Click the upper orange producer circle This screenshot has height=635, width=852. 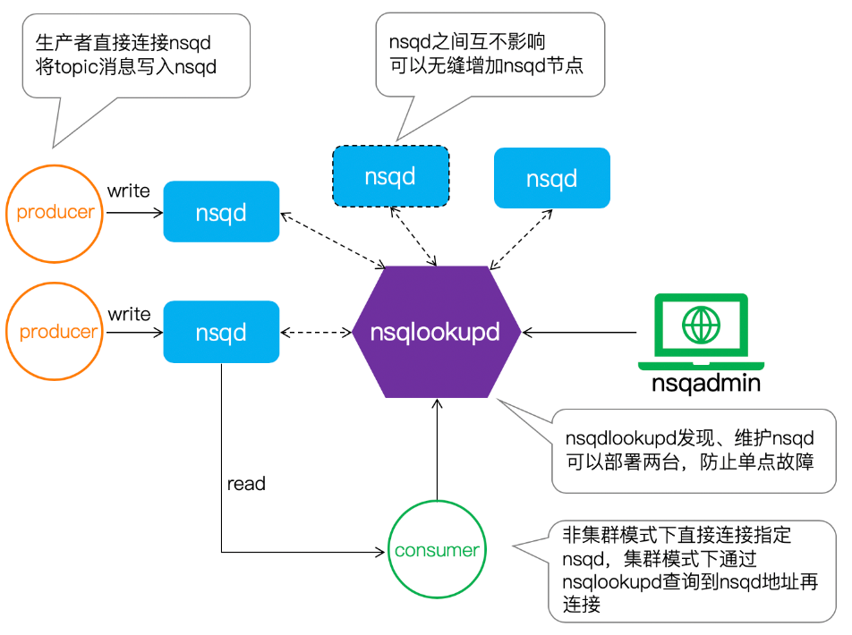click(55, 213)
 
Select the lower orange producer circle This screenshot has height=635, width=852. click(57, 332)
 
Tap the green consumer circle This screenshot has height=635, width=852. click(437, 550)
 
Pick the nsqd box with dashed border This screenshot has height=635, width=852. click(390, 177)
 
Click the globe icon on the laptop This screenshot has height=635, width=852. click(700, 324)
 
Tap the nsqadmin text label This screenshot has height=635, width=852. click(706, 384)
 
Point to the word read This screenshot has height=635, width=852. click(246, 484)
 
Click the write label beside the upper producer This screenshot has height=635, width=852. click(129, 191)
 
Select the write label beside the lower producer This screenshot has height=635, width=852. click(129, 314)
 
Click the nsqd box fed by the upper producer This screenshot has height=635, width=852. click(221, 213)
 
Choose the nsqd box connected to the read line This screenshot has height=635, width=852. click(221, 333)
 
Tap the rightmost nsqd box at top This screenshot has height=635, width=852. click(551, 178)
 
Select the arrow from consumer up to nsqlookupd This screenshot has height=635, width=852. click(437, 447)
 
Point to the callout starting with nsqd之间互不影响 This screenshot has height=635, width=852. click(490, 54)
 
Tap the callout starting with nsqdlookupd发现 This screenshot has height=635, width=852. click(689, 450)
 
